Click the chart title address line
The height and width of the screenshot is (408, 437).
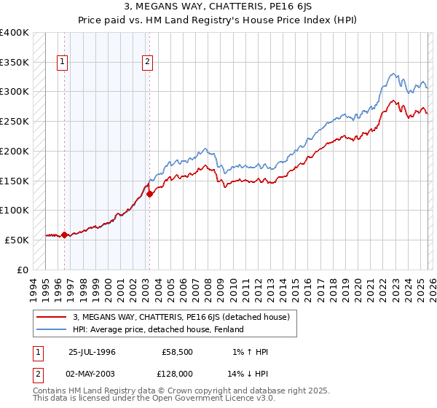click(218, 7)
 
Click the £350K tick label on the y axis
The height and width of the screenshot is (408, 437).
click(15, 62)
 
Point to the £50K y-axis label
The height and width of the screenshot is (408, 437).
click(17, 240)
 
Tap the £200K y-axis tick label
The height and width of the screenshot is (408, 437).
click(15, 151)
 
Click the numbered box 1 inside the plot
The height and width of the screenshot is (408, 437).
click(63, 63)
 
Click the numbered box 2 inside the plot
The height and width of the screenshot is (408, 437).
click(148, 63)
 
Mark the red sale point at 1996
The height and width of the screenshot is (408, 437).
click(64, 235)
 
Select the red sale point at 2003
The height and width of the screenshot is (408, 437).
click(149, 194)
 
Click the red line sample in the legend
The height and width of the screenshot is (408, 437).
click(52, 317)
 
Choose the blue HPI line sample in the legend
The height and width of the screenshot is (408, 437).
click(52, 329)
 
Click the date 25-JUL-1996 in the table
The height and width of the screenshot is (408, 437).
click(92, 351)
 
